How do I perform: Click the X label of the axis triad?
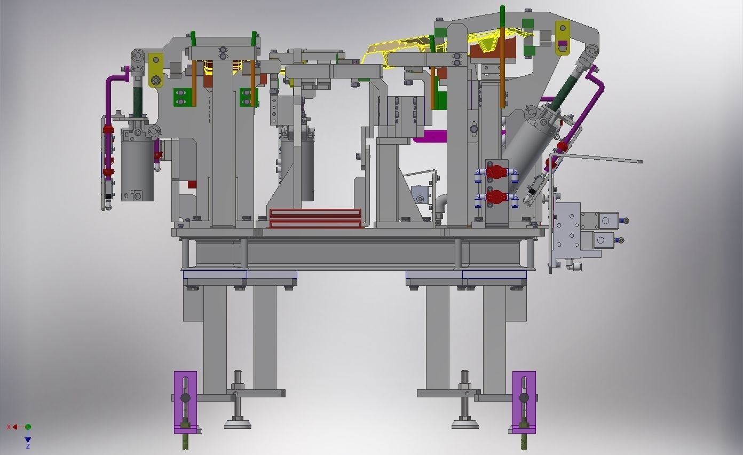click(9, 427)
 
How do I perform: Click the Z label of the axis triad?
click(28, 446)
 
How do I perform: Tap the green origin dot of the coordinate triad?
click(28, 427)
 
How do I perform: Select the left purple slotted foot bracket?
click(185, 402)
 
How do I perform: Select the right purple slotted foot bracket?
click(524, 402)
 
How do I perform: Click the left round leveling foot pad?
click(238, 425)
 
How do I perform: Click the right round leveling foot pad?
click(465, 425)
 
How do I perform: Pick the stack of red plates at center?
click(315, 218)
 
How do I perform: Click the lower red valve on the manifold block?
click(496, 197)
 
